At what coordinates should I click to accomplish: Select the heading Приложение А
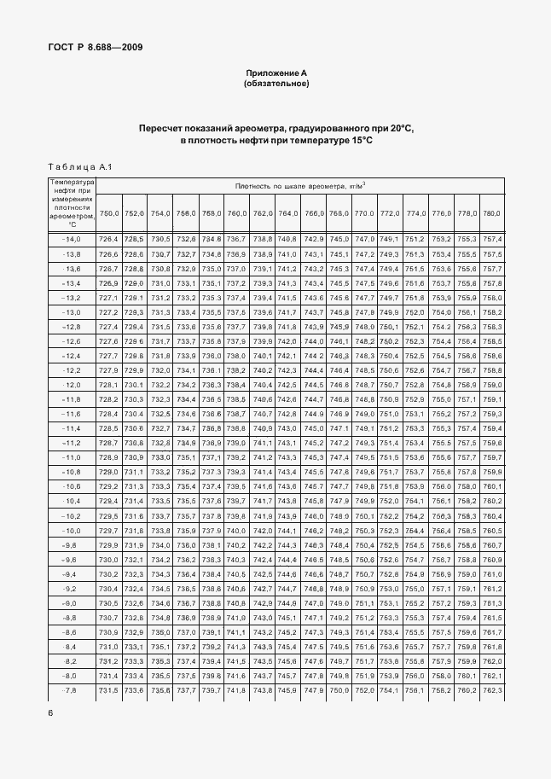[275, 74]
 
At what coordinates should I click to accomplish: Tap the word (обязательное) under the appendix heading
[275, 84]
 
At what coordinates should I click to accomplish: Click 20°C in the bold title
[402, 128]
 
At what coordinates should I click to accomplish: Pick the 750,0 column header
[109, 212]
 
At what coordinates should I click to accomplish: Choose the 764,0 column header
[287, 212]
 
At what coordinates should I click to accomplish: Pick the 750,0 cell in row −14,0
[109, 239]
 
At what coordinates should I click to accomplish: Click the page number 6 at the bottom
[50, 712]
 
